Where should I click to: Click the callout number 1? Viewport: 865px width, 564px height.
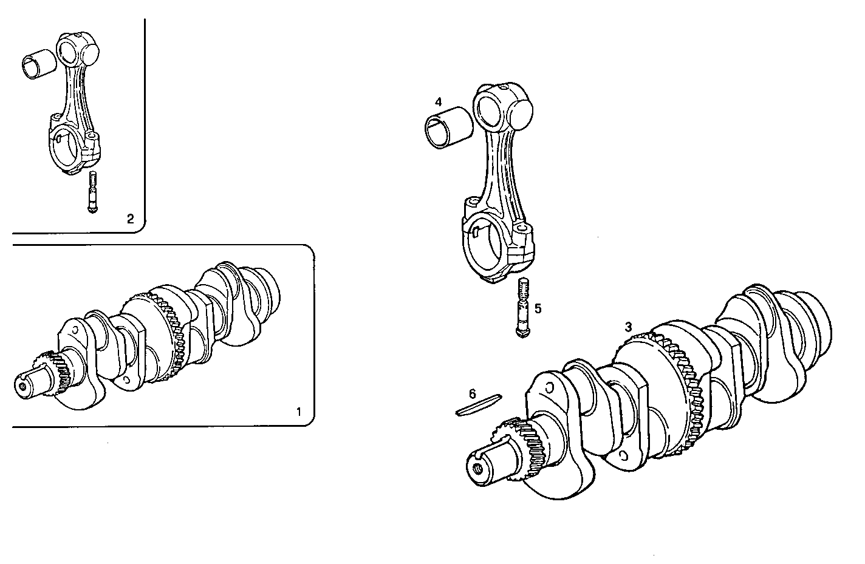click(x=298, y=412)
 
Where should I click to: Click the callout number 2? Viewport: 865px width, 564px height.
click(x=130, y=219)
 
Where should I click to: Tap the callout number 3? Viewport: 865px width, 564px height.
click(x=629, y=327)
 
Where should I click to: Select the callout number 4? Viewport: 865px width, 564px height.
click(x=439, y=101)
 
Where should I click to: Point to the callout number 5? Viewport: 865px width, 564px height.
click(x=538, y=308)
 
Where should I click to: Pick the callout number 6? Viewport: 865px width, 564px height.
click(x=473, y=393)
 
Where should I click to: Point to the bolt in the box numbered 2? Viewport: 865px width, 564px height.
click(x=92, y=192)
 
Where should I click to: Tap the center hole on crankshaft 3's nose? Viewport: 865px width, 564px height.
click(x=479, y=468)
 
